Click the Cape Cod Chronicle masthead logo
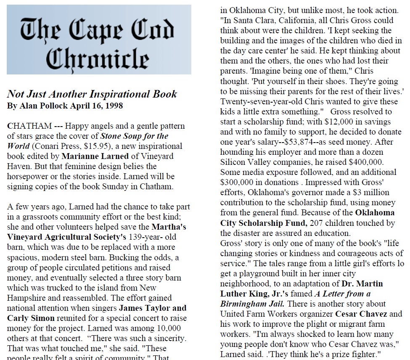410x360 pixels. [x=99, y=40]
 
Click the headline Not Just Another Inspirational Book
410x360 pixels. [x=92, y=94]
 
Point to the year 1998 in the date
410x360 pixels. [x=114, y=106]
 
